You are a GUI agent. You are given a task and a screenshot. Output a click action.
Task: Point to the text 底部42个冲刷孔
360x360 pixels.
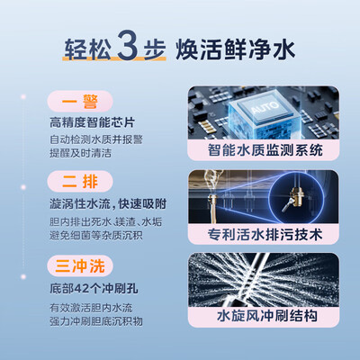94,288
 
